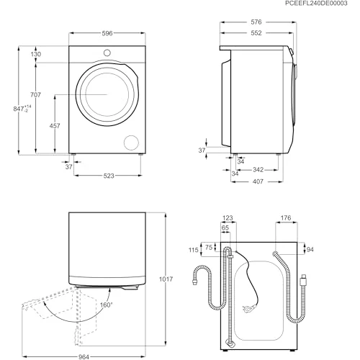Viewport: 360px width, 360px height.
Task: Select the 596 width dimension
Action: [106, 33]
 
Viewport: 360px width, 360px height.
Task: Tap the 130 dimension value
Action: [36, 55]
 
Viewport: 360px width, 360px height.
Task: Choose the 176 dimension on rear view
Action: [285, 218]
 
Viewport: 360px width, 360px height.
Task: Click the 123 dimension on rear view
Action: [229, 218]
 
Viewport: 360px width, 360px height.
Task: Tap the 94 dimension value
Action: [310, 250]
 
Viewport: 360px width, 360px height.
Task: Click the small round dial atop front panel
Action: [107, 53]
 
